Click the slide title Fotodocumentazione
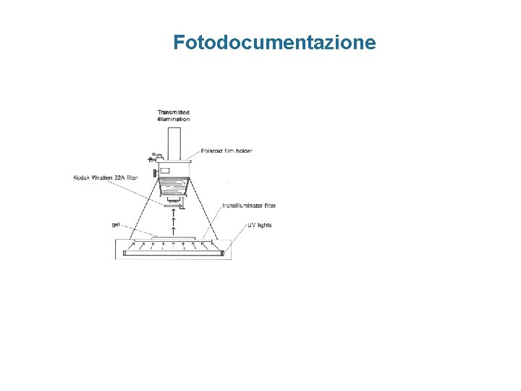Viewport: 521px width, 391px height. click(274, 43)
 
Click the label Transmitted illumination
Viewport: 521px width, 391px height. click(174, 116)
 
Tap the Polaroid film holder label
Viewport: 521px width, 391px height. click(228, 151)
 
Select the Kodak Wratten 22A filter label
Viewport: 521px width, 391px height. click(106, 177)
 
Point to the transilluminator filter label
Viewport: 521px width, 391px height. click(249, 206)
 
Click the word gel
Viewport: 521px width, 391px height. click(116, 225)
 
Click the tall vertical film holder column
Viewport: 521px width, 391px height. click(174, 143)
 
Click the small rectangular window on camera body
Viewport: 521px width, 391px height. click(165, 171)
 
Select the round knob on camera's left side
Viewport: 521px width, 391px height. click(156, 174)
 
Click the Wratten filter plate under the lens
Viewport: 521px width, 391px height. click(174, 206)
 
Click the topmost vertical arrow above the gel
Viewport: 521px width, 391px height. click(174, 211)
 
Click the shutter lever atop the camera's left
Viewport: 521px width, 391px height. click(153, 156)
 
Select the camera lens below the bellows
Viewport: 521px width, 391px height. click(174, 198)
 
